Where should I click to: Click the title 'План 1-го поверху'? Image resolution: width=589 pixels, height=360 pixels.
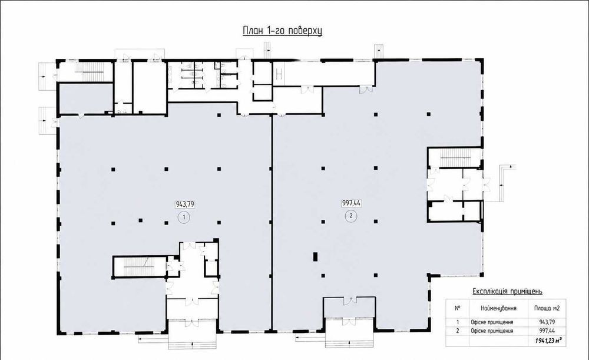pos(282,31)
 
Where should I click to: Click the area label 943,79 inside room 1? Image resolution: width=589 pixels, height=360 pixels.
pos(185,204)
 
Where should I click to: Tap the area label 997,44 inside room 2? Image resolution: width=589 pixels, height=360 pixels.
pos(351,203)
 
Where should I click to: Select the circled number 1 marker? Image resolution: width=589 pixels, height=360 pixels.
pos(184,217)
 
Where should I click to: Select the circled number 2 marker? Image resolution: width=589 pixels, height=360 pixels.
pos(351,216)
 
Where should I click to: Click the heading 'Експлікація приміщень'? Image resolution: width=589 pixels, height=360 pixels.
pos(507,292)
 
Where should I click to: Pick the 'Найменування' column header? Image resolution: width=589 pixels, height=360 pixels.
pos(498,308)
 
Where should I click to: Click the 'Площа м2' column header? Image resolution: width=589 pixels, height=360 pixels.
pos(547,308)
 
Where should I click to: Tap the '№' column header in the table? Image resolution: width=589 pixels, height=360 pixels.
pos(458,308)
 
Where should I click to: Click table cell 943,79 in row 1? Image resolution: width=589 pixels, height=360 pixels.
pos(547,322)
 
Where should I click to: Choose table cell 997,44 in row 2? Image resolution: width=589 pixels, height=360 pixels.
pos(547,331)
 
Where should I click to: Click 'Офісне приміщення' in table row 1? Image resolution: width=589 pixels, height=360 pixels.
pos(492,322)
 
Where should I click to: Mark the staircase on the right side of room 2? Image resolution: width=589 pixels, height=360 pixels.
pos(455,158)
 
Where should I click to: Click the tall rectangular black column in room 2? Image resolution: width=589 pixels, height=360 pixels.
pos(315,257)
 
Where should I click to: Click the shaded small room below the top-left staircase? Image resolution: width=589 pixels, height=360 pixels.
pos(86,98)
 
